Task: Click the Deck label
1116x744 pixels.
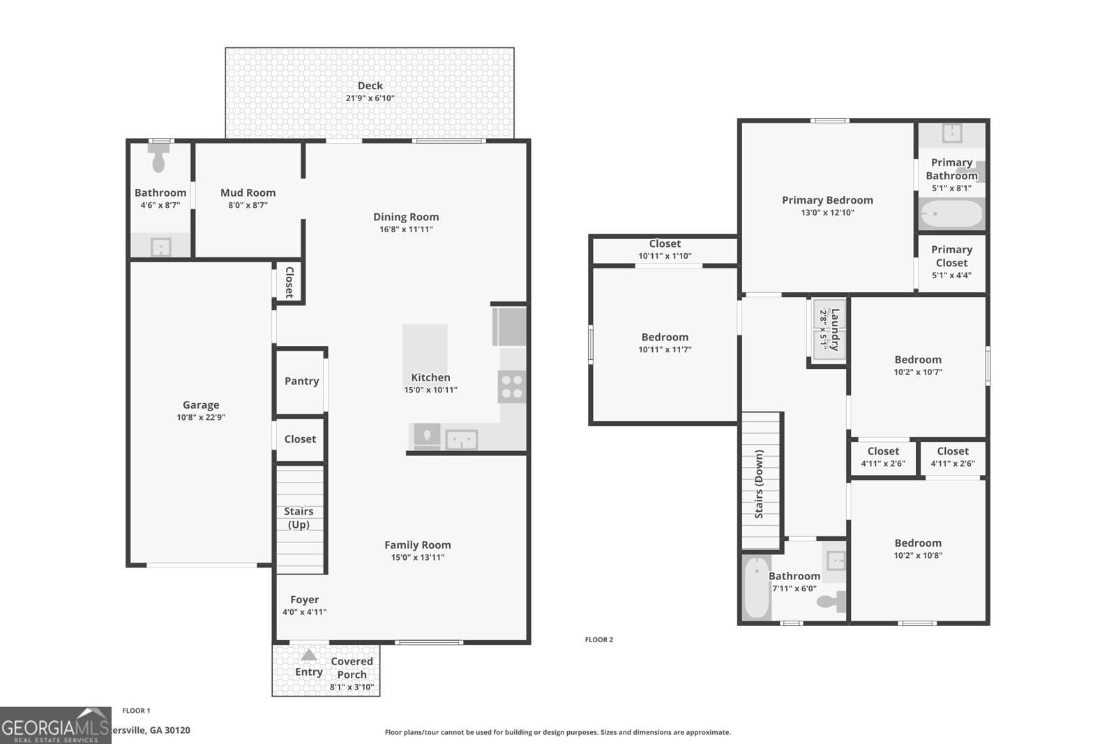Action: click(x=370, y=86)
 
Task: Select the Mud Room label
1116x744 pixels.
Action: click(x=248, y=192)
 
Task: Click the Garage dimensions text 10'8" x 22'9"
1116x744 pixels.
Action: click(x=201, y=418)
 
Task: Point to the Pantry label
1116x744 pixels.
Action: click(x=301, y=381)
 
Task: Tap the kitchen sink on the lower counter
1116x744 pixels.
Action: click(x=462, y=440)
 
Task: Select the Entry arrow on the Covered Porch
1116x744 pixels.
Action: click(x=309, y=655)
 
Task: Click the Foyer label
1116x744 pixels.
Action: click(x=304, y=600)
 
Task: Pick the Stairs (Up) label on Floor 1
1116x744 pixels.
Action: click(x=299, y=518)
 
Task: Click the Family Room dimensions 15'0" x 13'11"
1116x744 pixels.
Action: click(x=418, y=557)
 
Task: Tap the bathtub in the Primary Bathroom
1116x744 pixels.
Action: click(x=951, y=214)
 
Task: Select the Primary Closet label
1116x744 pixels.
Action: click(x=951, y=256)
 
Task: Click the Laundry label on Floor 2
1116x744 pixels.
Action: click(x=835, y=330)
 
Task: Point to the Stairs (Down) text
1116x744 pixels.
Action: click(x=759, y=483)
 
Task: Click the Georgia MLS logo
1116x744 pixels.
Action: click(x=56, y=725)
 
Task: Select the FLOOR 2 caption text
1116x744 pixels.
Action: click(x=598, y=639)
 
